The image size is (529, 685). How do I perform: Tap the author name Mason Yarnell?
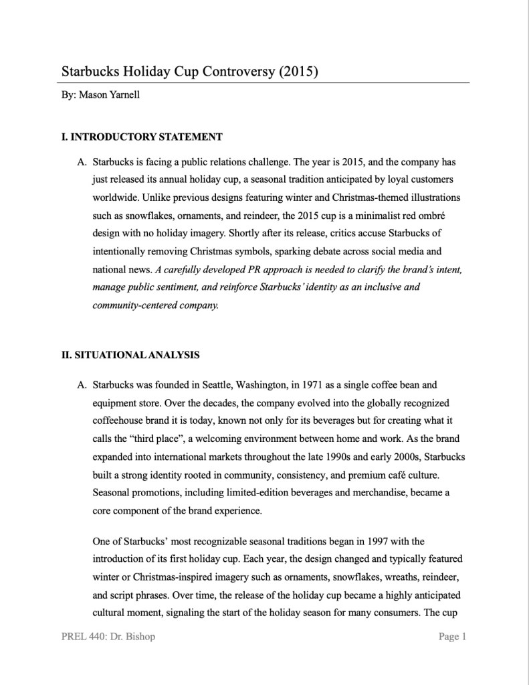point(109,95)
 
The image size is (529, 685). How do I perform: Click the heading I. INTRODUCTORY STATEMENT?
point(142,137)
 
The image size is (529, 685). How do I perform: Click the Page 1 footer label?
point(452,636)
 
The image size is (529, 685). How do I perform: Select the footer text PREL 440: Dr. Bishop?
point(108,636)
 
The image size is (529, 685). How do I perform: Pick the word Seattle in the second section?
point(219,386)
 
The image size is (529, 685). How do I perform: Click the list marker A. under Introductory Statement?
point(82,163)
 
